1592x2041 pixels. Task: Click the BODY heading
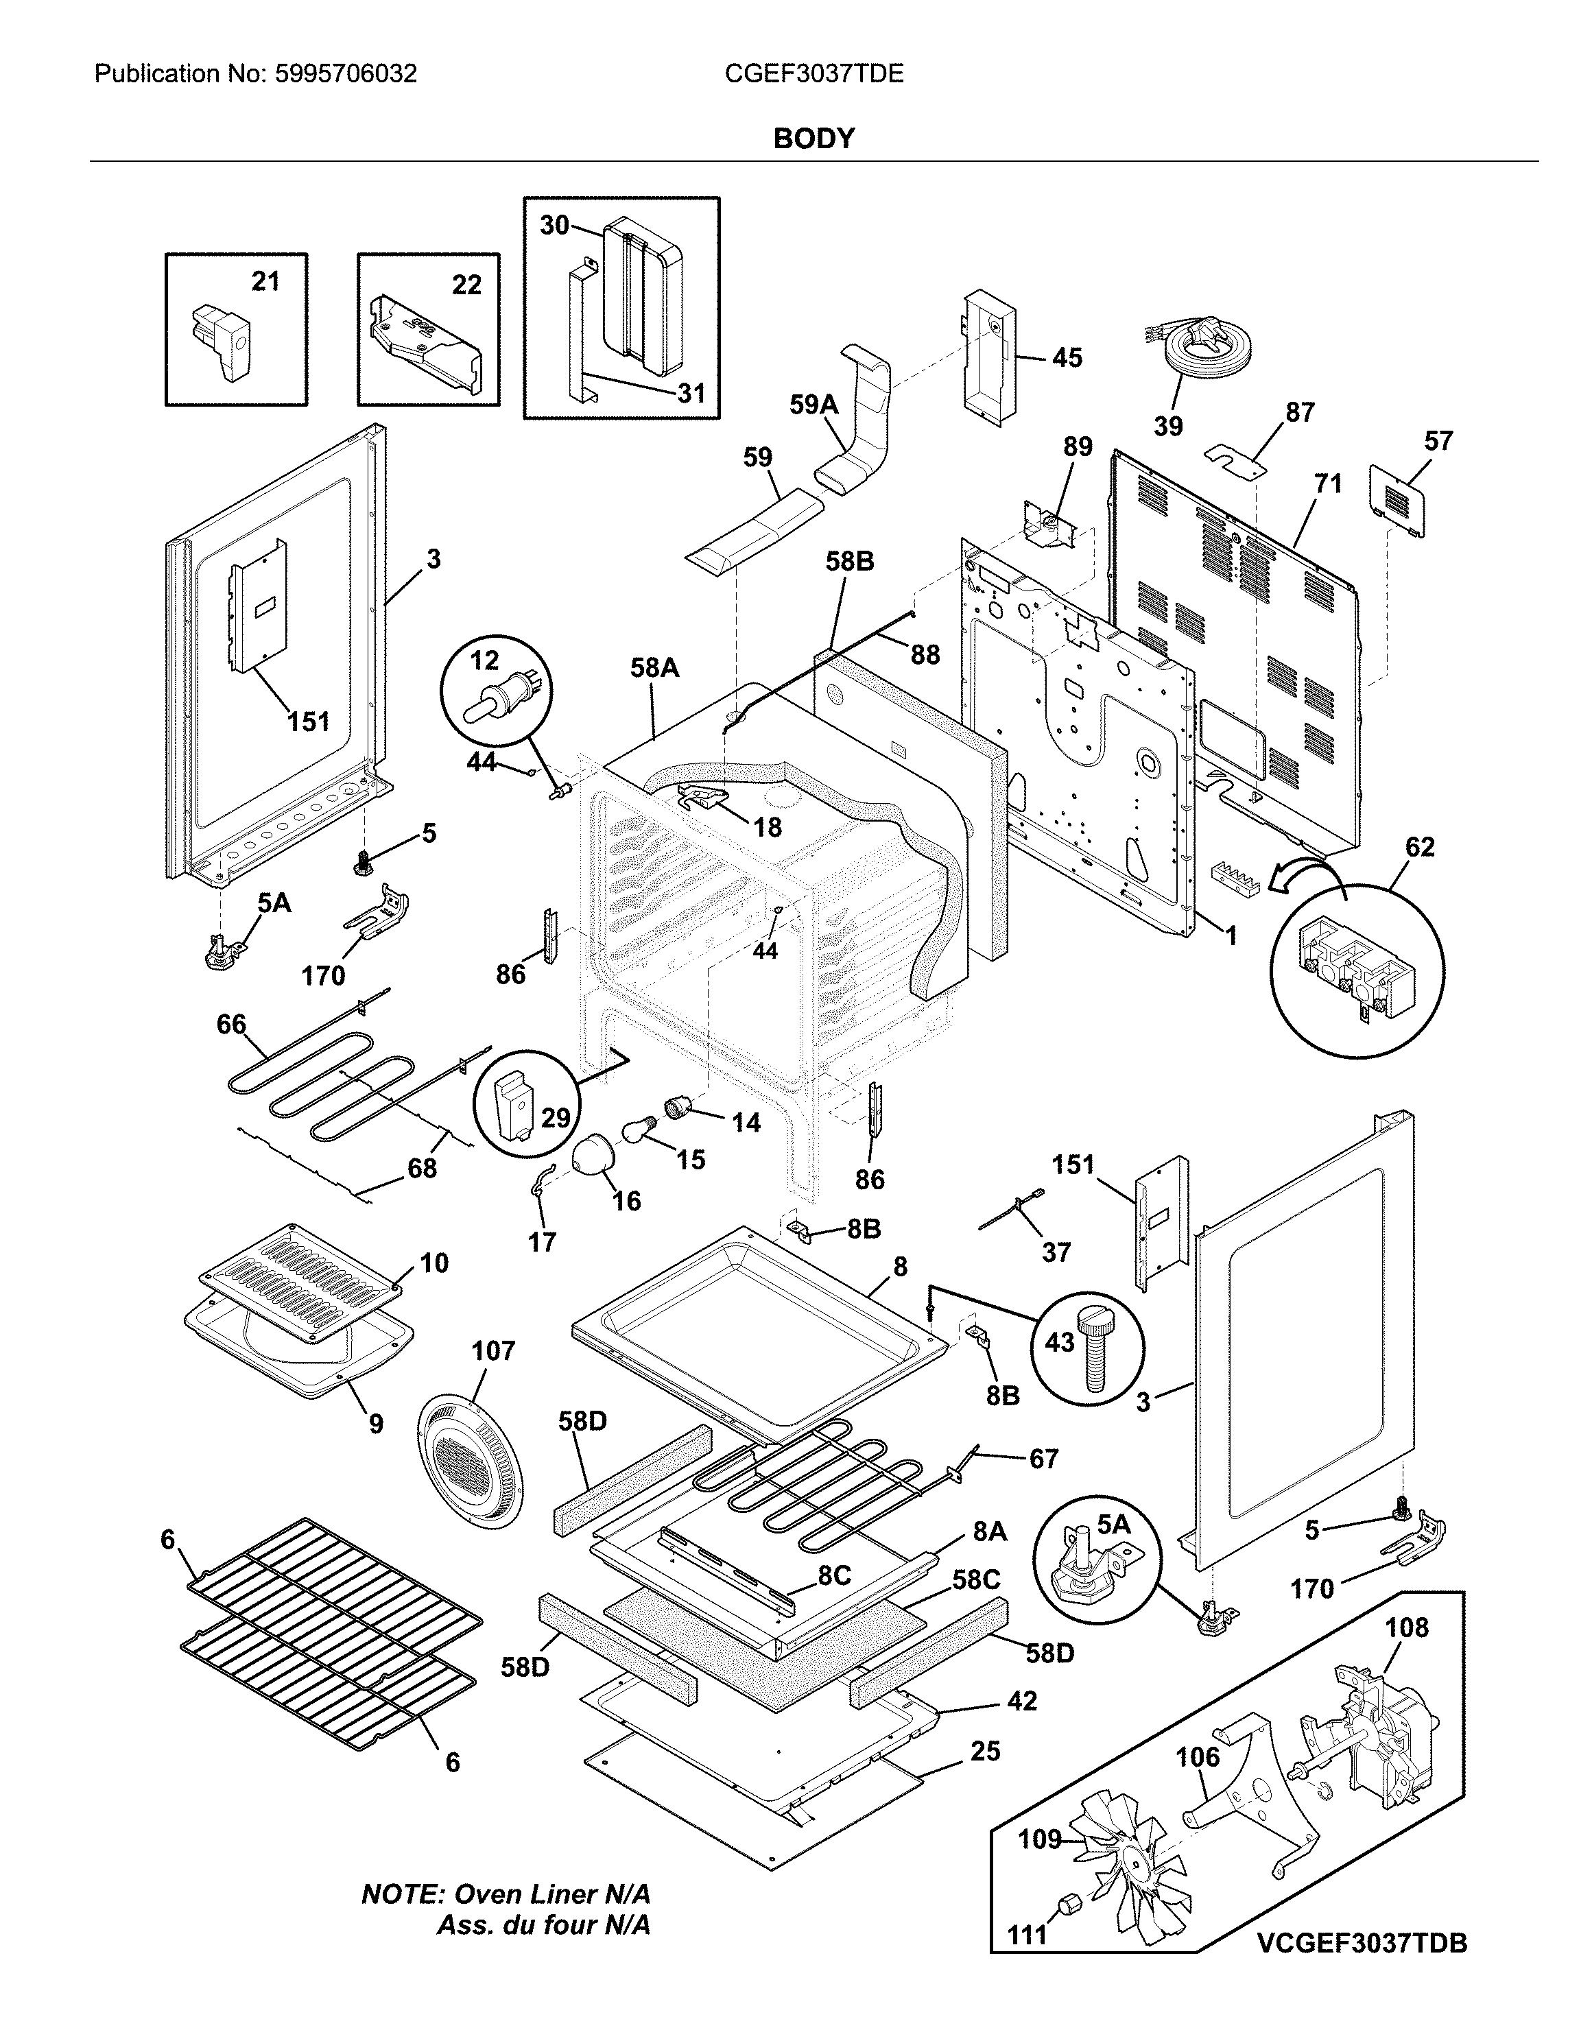point(813,139)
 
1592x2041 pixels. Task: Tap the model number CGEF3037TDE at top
point(814,74)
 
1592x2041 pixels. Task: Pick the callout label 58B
point(849,562)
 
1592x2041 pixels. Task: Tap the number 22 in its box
point(466,285)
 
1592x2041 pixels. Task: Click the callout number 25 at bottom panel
point(985,1752)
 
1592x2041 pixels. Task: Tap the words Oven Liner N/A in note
point(551,1894)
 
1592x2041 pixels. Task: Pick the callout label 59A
point(813,404)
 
